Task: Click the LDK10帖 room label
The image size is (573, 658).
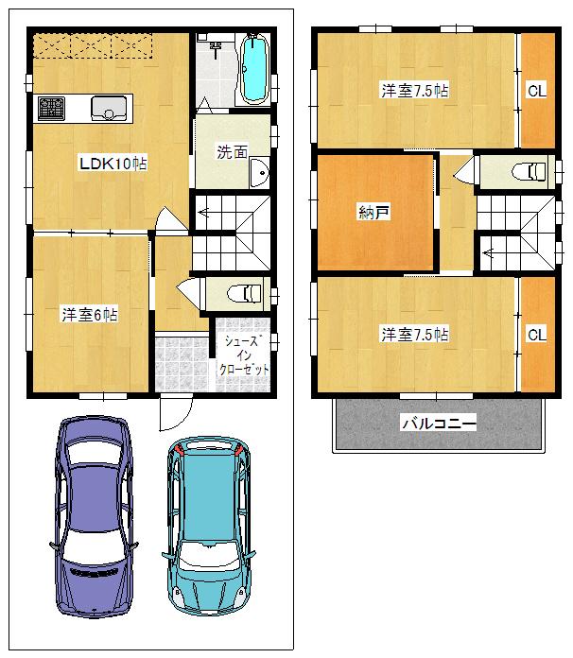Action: tap(112, 164)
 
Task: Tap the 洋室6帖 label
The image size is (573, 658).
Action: tap(90, 314)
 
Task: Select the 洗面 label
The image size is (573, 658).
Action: tap(232, 151)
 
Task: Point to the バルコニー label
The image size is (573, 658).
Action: tap(438, 424)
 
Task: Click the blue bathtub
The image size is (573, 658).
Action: tap(255, 69)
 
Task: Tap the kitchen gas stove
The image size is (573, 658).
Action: tap(51, 108)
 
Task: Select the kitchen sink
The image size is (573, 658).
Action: tap(110, 108)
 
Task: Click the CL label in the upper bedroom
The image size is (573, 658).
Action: tap(536, 92)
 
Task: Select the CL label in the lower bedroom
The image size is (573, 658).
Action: tap(536, 334)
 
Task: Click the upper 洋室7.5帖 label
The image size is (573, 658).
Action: tap(414, 92)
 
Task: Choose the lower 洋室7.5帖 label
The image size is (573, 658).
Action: tap(414, 334)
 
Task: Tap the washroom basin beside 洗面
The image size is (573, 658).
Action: tap(260, 173)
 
